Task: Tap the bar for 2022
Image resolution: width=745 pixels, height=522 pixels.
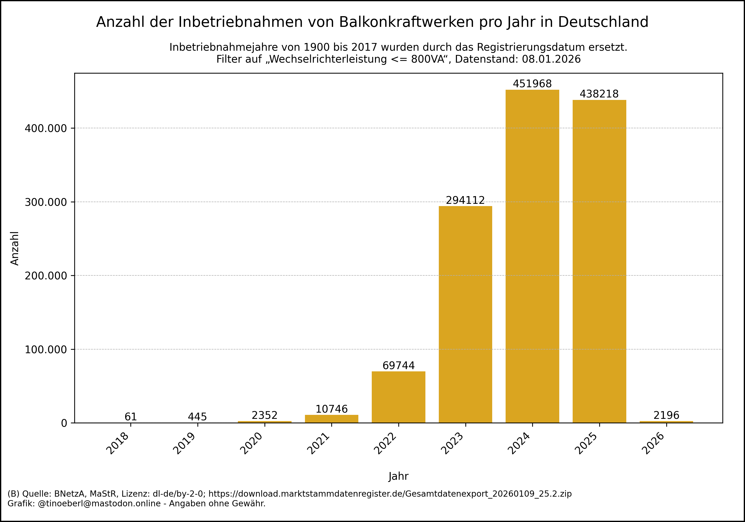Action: pyautogui.click(x=399, y=397)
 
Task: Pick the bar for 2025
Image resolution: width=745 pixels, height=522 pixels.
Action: pyautogui.click(x=599, y=261)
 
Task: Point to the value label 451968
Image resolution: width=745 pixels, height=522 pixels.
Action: pyautogui.click(x=532, y=84)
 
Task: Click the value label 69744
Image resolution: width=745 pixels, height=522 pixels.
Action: pyautogui.click(x=399, y=365)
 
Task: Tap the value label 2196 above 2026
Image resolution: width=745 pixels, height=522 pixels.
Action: pyautogui.click(x=666, y=415)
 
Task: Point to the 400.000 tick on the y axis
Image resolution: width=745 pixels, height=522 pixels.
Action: pyautogui.click(x=46, y=128)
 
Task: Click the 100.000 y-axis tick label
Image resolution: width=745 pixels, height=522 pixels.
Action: pyautogui.click(x=46, y=349)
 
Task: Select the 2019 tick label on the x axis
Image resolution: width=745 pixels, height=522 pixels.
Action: pyautogui.click(x=184, y=444)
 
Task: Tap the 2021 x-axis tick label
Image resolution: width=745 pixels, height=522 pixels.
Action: pyautogui.click(x=318, y=444)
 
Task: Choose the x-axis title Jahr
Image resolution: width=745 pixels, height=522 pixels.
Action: pyautogui.click(x=399, y=476)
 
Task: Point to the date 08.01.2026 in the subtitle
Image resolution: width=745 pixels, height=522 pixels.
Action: pyautogui.click(x=551, y=59)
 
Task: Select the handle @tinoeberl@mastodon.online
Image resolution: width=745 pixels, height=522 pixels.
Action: pyautogui.click(x=99, y=504)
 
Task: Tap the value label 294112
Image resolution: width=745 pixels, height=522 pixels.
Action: pyautogui.click(x=465, y=200)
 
